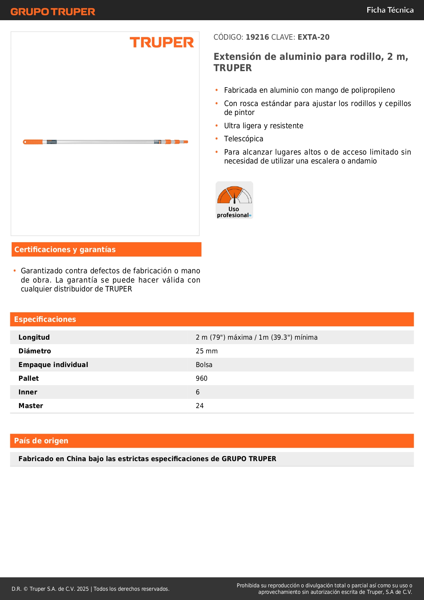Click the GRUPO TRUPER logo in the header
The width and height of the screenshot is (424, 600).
click(x=53, y=12)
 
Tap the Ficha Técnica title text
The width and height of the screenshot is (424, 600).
click(x=390, y=10)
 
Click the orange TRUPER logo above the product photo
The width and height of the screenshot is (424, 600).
click(x=162, y=42)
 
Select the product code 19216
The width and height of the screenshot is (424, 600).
click(x=257, y=37)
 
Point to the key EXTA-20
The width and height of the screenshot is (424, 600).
click(x=313, y=37)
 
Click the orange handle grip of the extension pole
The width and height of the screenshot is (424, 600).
click(x=33, y=142)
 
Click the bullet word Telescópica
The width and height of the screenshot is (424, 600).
click(x=244, y=139)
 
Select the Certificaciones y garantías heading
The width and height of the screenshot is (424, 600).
click(x=65, y=249)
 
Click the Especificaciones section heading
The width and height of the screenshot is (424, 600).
click(x=45, y=319)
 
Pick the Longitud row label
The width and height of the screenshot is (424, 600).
click(x=34, y=337)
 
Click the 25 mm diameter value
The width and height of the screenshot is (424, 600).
click(x=207, y=351)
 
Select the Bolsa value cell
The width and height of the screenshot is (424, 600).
click(x=204, y=365)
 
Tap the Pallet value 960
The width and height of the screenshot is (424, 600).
click(x=202, y=378)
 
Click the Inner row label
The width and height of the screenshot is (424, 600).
click(x=28, y=392)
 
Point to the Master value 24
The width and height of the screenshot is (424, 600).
click(x=200, y=406)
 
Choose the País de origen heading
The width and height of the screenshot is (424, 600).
click(x=41, y=441)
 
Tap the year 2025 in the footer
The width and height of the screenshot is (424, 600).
click(x=83, y=589)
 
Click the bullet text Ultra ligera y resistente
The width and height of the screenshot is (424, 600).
click(x=263, y=126)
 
